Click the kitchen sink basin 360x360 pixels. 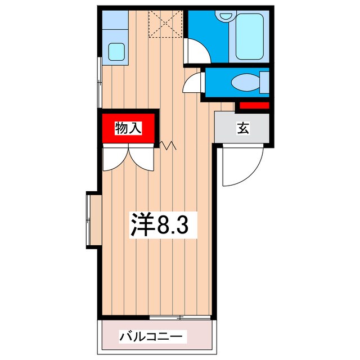click(117, 52)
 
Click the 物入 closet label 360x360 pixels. click(128, 129)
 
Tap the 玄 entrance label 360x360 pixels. click(242, 129)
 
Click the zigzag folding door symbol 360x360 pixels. click(168, 146)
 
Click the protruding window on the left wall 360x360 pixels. click(92, 220)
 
